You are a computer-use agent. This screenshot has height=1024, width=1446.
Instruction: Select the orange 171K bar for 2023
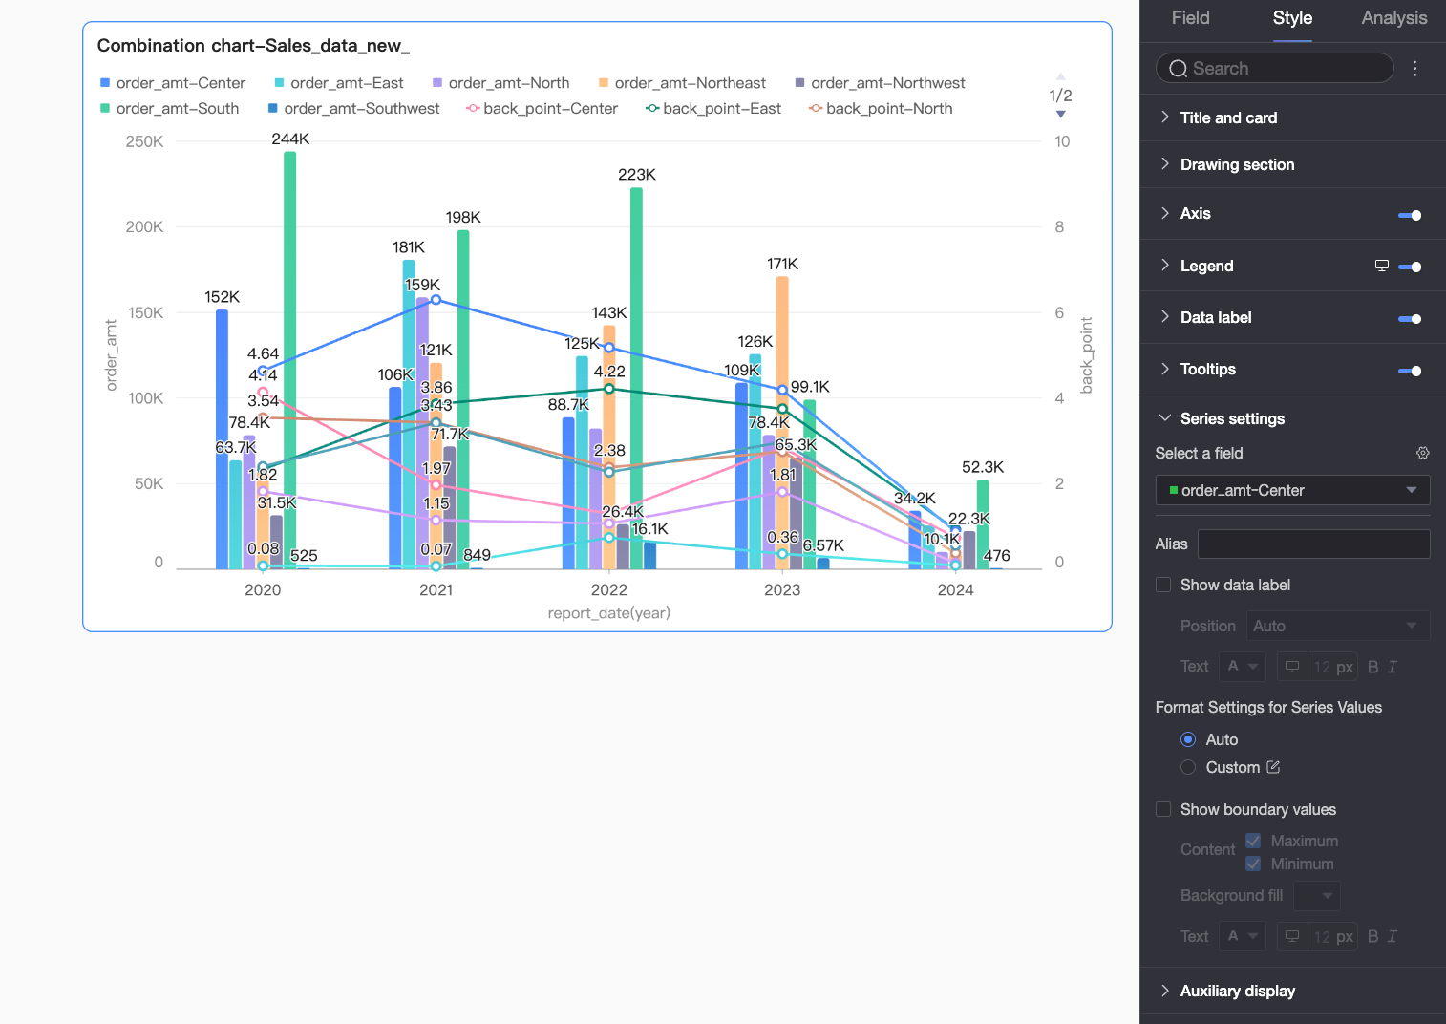(x=782, y=423)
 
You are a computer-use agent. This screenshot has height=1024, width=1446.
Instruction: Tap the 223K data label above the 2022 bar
(x=636, y=174)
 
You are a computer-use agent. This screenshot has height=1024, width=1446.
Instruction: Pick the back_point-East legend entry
(x=713, y=109)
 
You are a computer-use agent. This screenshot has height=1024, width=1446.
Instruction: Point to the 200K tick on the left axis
(x=144, y=226)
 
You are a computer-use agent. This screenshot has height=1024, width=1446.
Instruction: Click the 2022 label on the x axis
(x=608, y=589)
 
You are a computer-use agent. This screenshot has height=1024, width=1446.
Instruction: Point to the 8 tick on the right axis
(x=1059, y=226)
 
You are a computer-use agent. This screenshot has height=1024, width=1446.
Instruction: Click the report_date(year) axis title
(x=608, y=612)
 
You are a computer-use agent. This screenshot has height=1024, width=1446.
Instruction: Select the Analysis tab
(x=1393, y=18)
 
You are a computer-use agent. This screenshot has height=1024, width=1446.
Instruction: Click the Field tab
(x=1190, y=18)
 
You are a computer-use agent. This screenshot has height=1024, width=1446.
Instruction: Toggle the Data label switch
(x=1410, y=318)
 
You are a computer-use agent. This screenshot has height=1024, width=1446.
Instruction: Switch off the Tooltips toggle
(x=1410, y=371)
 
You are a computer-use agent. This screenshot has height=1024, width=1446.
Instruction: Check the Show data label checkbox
(x=1163, y=585)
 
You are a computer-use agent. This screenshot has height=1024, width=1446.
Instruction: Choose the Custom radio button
(x=1188, y=767)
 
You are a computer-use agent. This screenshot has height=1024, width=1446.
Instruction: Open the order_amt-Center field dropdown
(x=1292, y=490)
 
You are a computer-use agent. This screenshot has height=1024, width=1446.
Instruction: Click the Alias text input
(x=1313, y=544)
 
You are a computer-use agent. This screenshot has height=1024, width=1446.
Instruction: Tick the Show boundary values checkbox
(x=1163, y=809)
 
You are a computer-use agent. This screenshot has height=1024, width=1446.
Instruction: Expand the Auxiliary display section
(x=1237, y=992)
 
